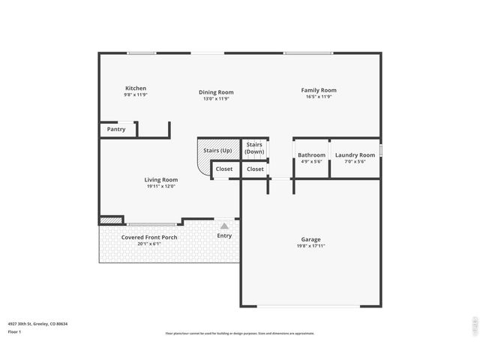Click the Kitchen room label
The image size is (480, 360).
pos(136,88)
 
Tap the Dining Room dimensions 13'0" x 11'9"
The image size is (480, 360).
pos(216,99)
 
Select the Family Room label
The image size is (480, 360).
pos(318,90)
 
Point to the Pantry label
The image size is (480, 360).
pos(116,129)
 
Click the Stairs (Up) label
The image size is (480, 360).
pos(217,151)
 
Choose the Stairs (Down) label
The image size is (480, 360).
pos(254,148)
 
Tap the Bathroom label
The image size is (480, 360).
pos(311,155)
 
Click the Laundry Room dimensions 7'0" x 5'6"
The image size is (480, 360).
pos(355,161)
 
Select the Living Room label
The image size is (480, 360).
pos(161,180)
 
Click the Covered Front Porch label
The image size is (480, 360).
pos(149,238)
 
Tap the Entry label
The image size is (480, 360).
pos(224,235)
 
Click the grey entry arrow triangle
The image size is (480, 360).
pos(224,225)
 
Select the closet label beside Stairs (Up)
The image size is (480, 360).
pos(224,169)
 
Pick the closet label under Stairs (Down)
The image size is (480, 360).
pos(255,169)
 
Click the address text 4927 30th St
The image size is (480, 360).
pos(37,323)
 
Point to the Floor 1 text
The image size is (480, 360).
pos(14,331)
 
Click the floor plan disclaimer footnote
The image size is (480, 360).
pos(239,333)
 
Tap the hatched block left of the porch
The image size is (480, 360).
pos(111,220)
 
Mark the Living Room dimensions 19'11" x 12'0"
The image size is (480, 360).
pos(161,187)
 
